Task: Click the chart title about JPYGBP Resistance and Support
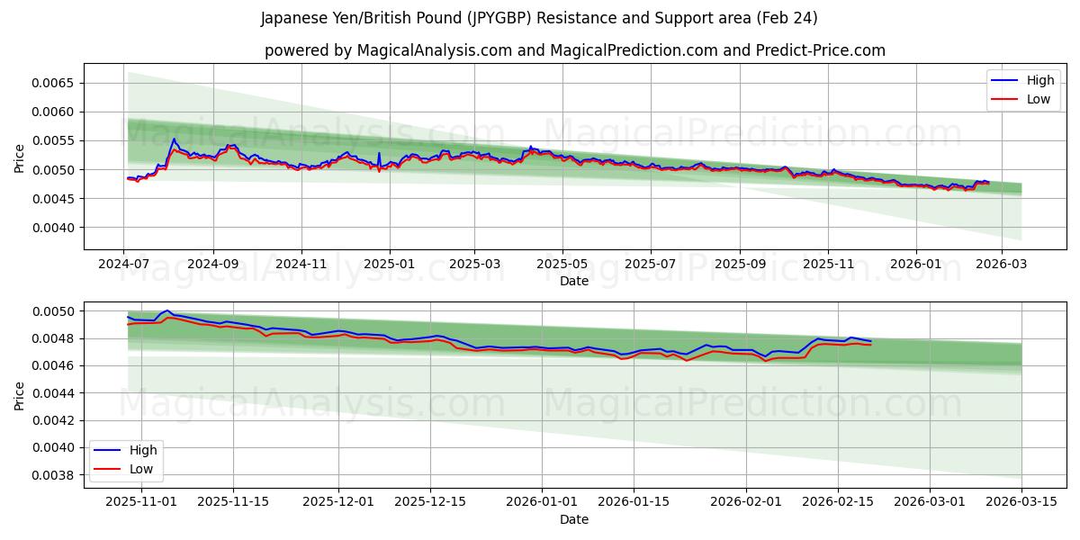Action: tap(539, 18)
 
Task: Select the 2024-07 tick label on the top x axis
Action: tap(125, 265)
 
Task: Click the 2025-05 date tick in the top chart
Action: tap(562, 265)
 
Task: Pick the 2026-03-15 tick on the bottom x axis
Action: tap(1021, 502)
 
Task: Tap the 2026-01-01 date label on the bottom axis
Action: tap(542, 502)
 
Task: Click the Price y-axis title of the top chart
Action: tap(20, 157)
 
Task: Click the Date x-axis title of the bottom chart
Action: tap(574, 519)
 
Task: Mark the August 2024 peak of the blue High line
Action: tap(174, 139)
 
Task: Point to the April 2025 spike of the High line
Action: tap(530, 146)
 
